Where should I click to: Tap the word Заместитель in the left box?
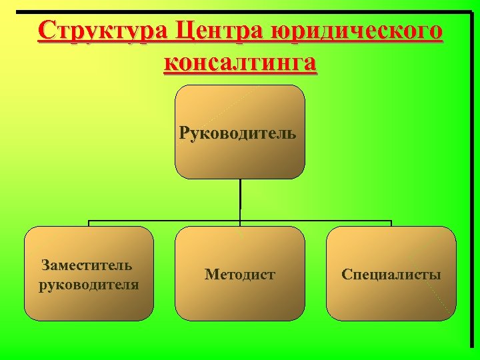(87, 265)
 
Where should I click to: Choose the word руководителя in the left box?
(89, 285)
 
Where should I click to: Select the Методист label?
(240, 274)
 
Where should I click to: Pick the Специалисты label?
(391, 274)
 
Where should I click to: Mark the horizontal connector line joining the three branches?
(167, 221)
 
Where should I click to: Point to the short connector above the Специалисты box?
(391, 224)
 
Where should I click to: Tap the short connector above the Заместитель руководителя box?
(89, 224)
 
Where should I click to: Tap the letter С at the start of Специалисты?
(346, 274)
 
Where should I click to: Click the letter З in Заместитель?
(45, 265)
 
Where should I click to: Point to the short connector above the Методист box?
(240, 224)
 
